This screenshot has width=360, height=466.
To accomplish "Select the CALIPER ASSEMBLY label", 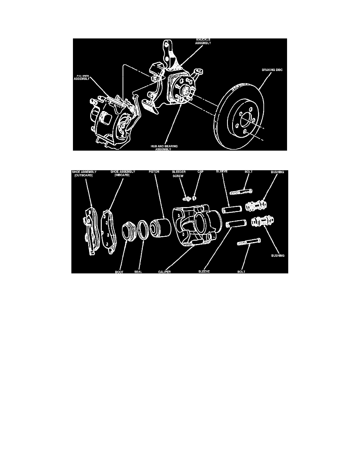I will pyautogui.click(x=82, y=77).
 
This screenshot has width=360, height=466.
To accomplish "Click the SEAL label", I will pyautogui.click(x=138, y=271).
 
